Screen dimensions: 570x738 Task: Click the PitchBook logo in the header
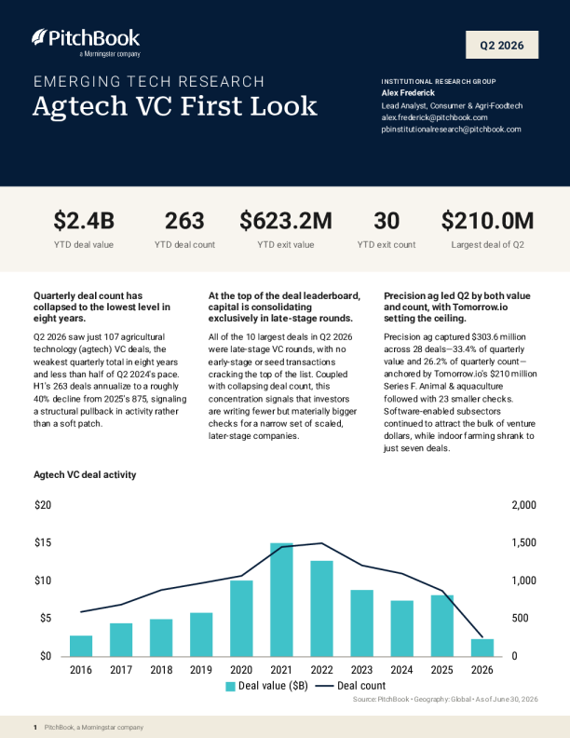(86, 42)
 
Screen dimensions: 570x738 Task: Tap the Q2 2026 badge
(502, 45)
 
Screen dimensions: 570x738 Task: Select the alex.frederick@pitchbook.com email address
(434, 117)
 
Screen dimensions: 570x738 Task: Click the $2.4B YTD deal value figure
(84, 221)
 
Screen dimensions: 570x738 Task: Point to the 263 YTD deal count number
(184, 221)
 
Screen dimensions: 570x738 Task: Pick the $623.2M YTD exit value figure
(286, 221)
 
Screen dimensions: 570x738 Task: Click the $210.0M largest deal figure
(487, 221)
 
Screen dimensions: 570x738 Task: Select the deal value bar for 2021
(281, 600)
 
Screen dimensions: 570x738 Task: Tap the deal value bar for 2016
(81, 646)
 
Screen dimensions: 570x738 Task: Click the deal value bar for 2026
(482, 648)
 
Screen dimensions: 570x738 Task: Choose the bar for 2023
(361, 623)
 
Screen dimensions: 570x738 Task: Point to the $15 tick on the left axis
(43, 542)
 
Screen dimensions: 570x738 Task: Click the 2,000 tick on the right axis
(524, 505)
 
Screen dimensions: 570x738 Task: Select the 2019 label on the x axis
(201, 670)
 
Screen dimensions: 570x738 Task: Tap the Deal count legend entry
(350, 686)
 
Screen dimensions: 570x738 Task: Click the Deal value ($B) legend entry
(266, 686)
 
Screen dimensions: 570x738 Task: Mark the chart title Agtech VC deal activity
(85, 475)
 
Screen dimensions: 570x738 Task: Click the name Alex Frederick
(408, 93)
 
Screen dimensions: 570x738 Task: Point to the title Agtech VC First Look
(175, 106)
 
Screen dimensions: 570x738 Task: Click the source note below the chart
(445, 700)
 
